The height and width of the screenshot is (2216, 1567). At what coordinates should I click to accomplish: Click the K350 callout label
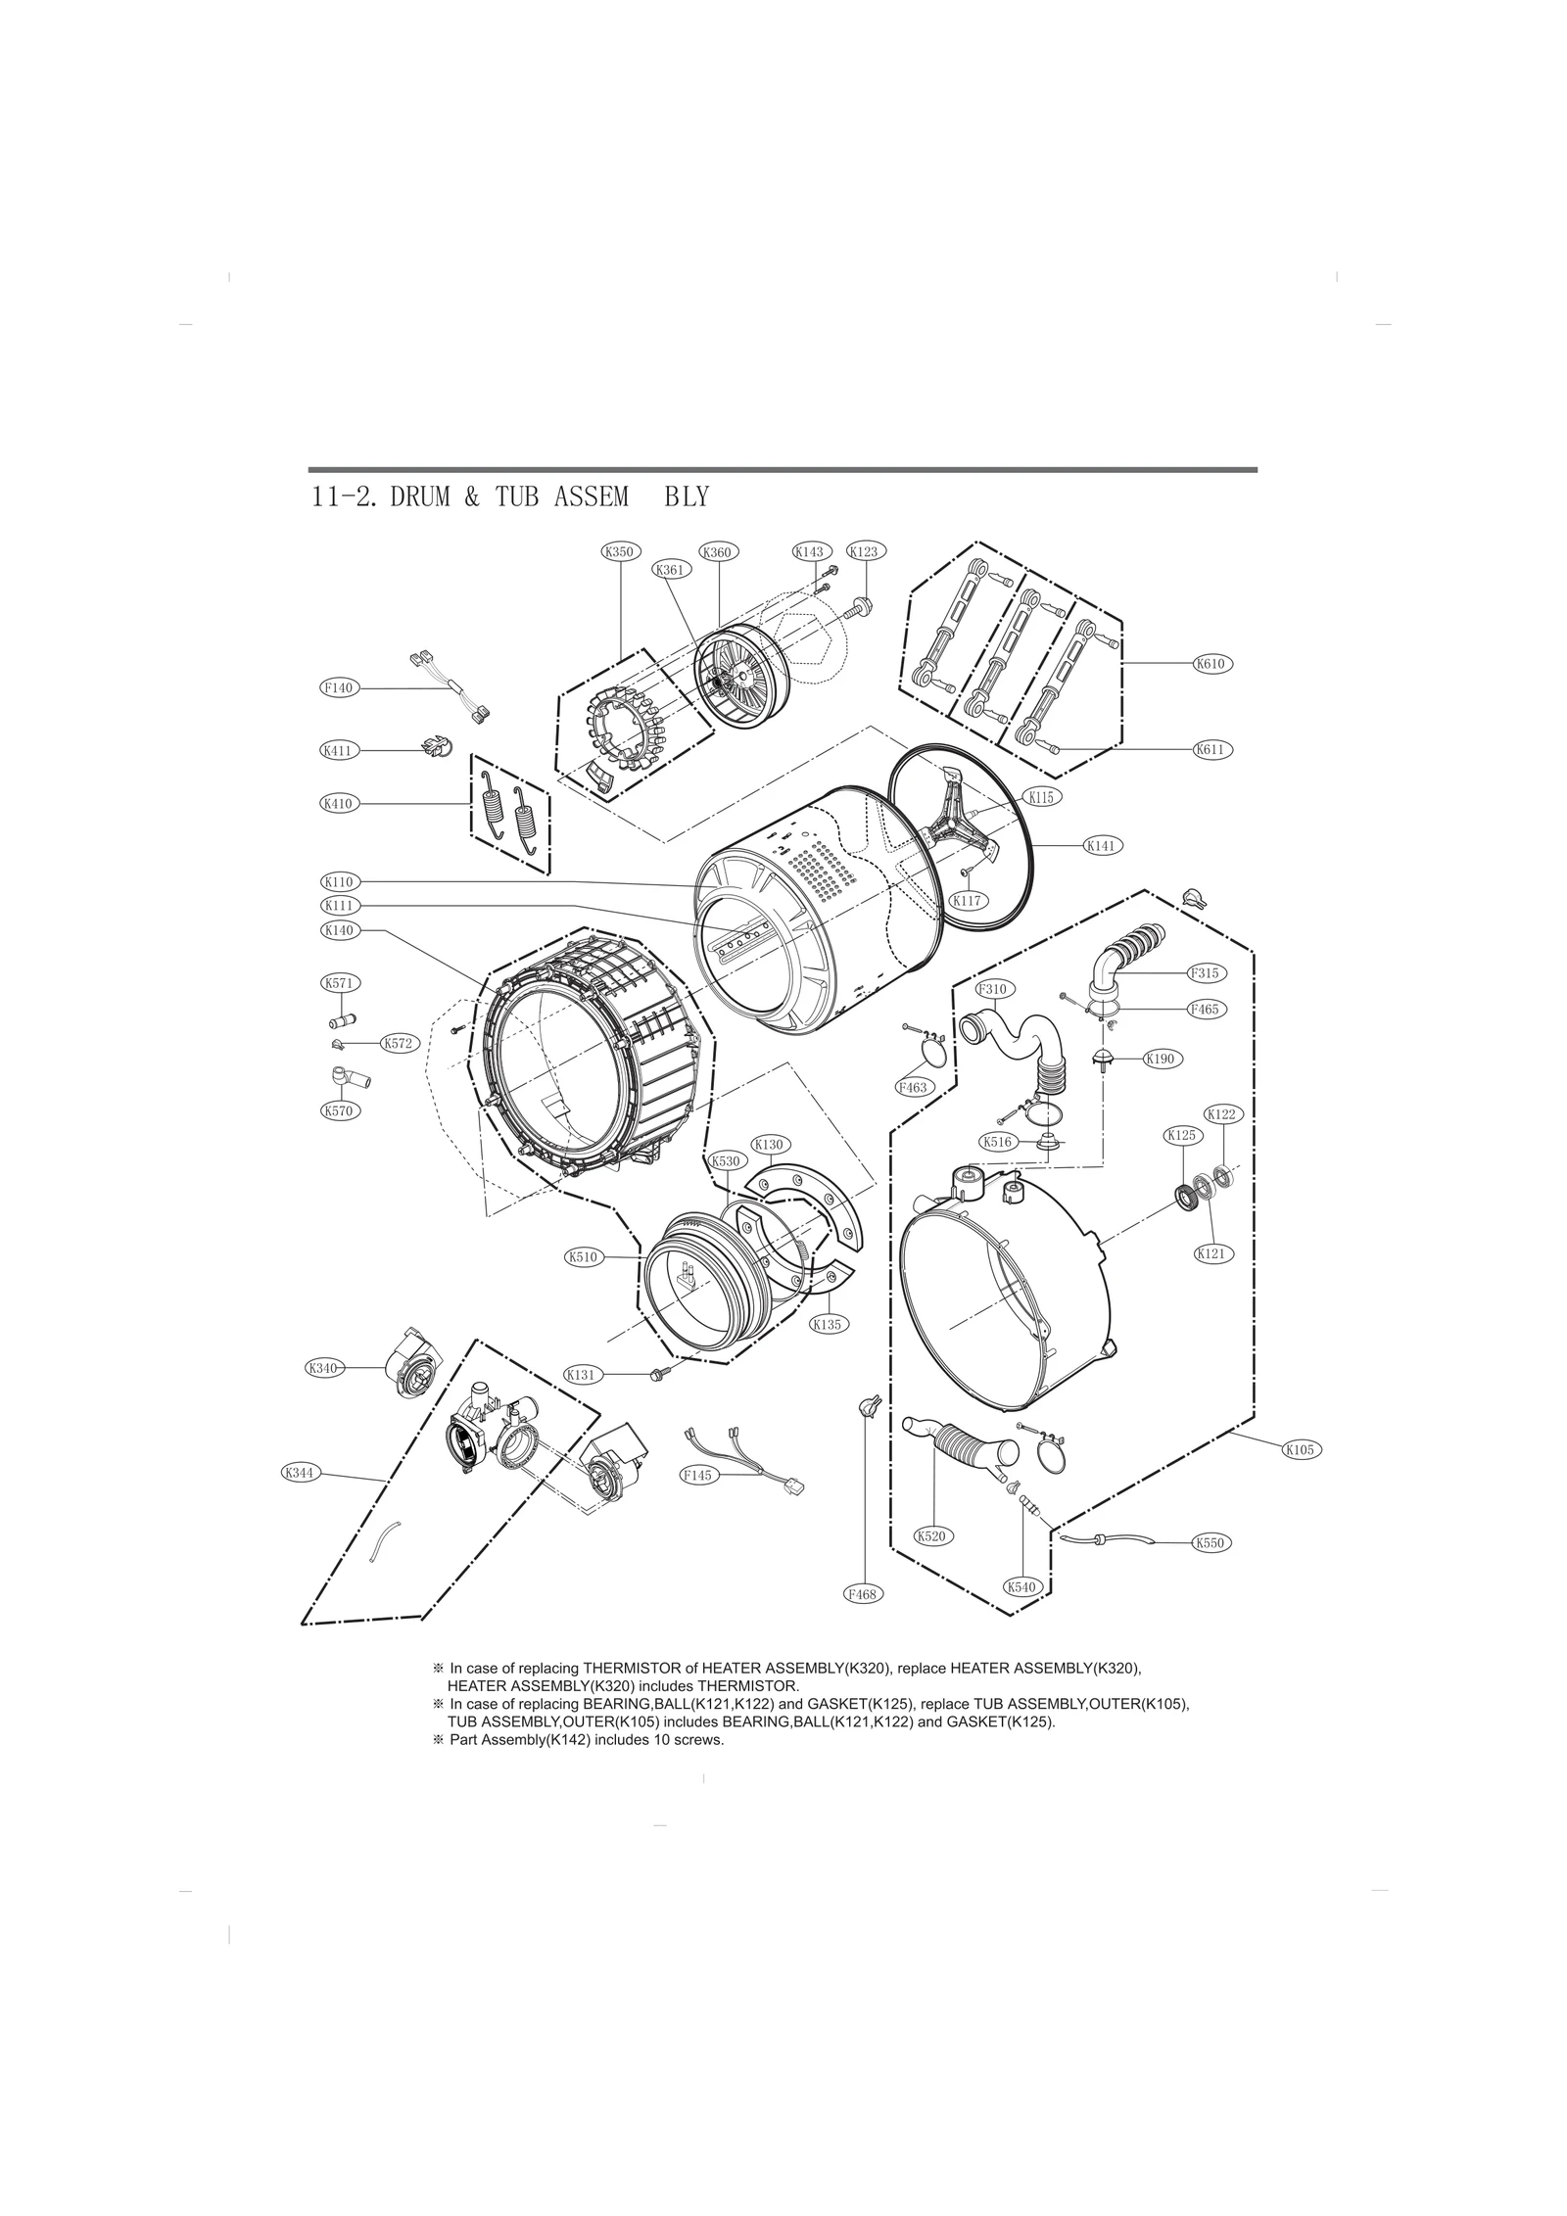pyautogui.click(x=619, y=551)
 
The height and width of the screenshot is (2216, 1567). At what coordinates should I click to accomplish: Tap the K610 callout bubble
pyautogui.click(x=1211, y=663)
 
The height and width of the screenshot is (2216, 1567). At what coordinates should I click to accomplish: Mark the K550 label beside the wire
pyautogui.click(x=1211, y=1543)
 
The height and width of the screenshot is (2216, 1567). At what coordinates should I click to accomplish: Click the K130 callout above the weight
pyautogui.click(x=770, y=1144)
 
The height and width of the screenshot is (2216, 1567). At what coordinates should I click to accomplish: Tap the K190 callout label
pyautogui.click(x=1165, y=1059)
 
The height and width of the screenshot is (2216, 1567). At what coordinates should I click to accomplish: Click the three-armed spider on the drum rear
pyautogui.click(x=958, y=821)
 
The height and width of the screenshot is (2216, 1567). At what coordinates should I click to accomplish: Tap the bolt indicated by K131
pyautogui.click(x=655, y=1375)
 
